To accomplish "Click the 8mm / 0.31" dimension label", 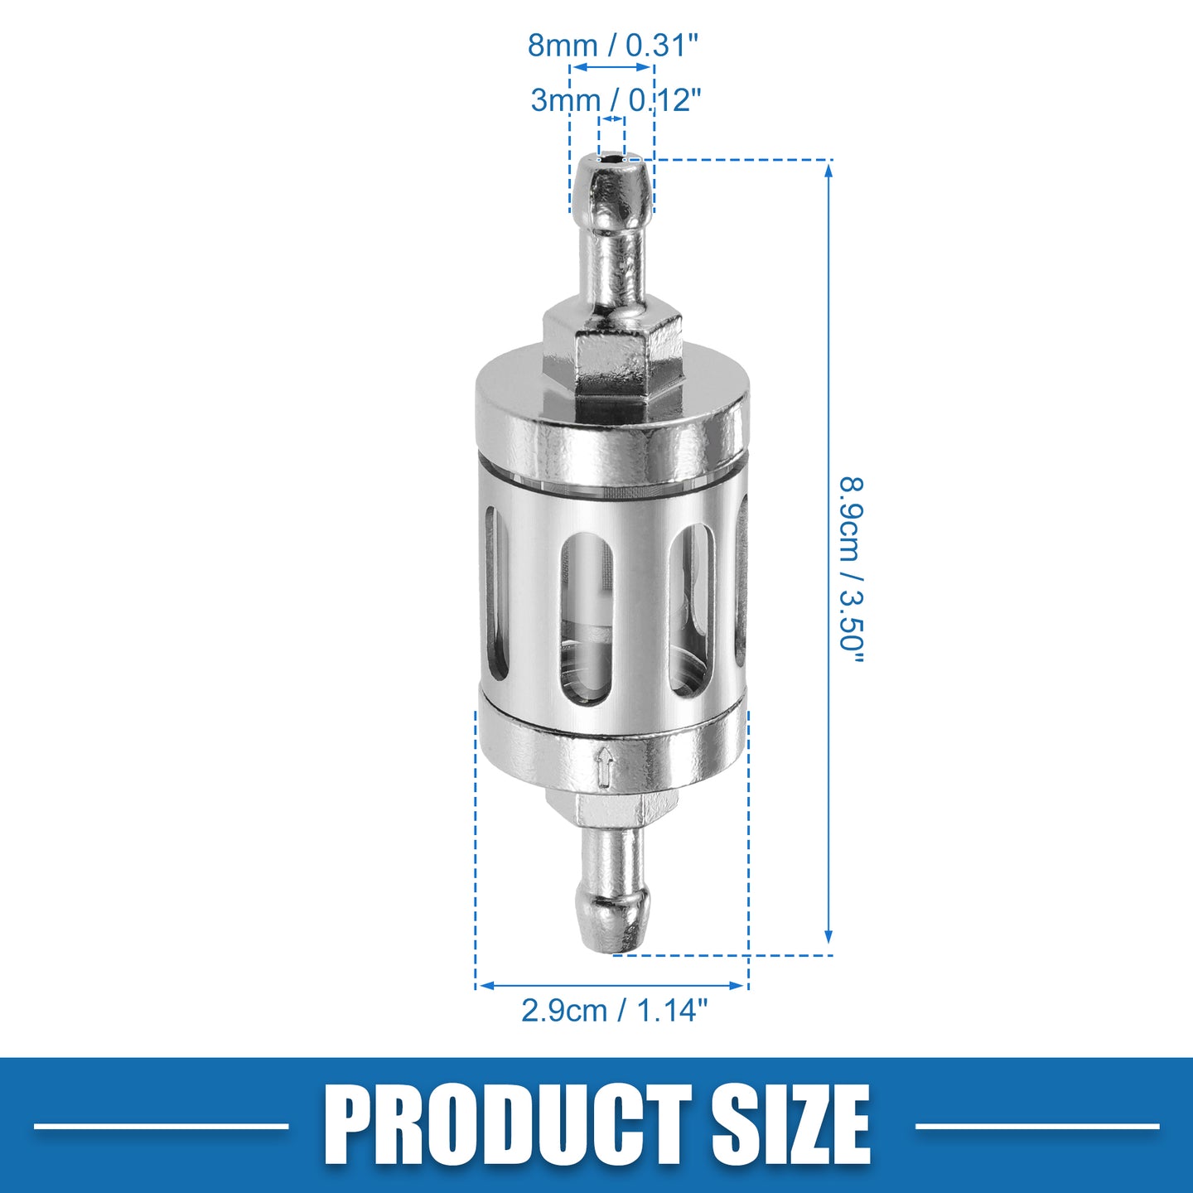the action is pyautogui.click(x=613, y=46).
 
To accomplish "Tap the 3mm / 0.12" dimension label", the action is pyautogui.click(x=616, y=99).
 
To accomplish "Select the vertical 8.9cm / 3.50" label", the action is pyautogui.click(x=852, y=570).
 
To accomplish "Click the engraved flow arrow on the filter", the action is pyautogui.click(x=605, y=767).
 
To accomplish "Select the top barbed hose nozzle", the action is pyautogui.click(x=611, y=236).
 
